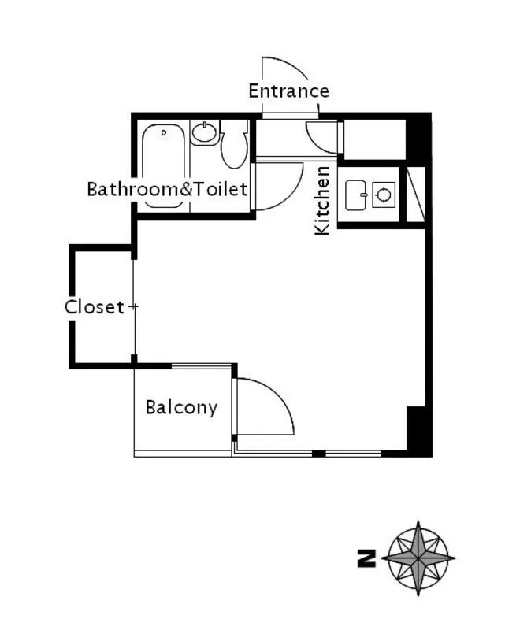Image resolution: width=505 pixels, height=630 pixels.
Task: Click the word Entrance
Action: (288, 91)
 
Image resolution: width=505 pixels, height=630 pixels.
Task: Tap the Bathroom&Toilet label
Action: (167, 189)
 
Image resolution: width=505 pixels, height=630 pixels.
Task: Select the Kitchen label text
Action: (322, 200)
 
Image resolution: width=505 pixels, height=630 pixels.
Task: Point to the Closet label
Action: (95, 307)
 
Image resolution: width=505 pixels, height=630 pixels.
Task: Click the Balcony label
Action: (181, 408)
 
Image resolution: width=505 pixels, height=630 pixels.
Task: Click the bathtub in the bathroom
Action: (164, 166)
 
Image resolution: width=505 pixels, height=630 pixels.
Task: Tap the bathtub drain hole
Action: (164, 132)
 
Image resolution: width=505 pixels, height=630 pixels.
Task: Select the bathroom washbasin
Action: (205, 133)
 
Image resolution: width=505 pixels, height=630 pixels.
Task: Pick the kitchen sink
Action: (356, 195)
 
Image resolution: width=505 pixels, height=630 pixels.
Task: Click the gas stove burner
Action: (384, 195)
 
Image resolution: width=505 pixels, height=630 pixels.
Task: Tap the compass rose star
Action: (418, 558)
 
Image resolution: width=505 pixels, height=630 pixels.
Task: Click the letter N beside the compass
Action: (366, 558)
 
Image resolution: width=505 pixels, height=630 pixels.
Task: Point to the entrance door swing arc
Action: (290, 65)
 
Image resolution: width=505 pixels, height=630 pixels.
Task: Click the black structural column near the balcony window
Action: (419, 431)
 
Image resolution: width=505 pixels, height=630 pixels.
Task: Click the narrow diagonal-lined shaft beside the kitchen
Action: (416, 193)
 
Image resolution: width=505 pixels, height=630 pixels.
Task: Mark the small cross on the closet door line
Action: (133, 307)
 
